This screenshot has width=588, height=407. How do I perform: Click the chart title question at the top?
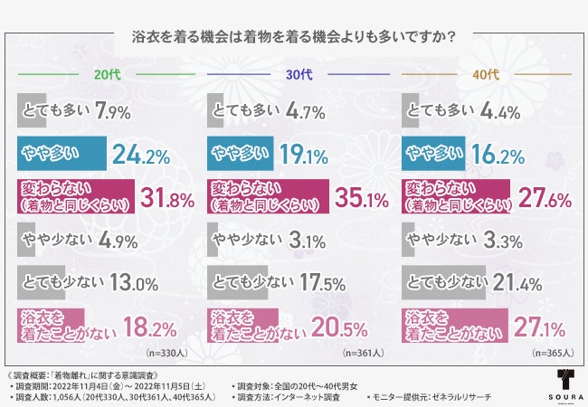(x=293, y=38)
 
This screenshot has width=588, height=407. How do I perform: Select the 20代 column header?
(x=102, y=75)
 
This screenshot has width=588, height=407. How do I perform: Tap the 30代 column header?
(x=293, y=75)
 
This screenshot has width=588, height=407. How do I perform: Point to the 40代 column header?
(x=484, y=75)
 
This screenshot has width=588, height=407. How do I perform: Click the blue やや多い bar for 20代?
(x=62, y=155)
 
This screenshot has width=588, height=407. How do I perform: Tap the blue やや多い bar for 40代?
(x=434, y=155)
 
